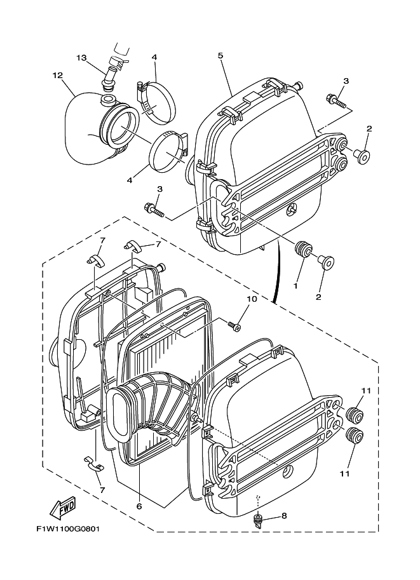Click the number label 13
[81, 58]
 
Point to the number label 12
[58, 76]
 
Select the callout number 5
[220, 56]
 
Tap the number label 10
[252, 298]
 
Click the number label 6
[139, 506]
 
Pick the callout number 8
[283, 515]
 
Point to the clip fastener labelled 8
[258, 521]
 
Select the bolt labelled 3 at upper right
[335, 100]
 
